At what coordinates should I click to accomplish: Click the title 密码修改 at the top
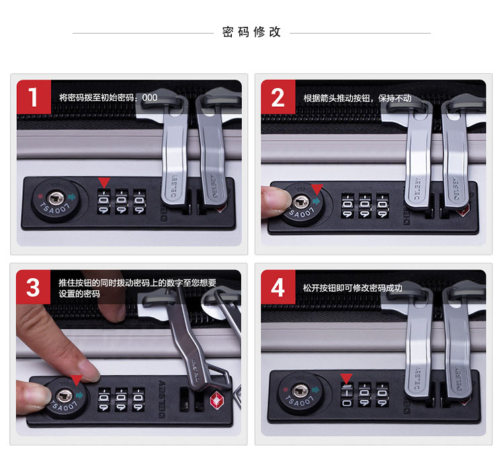(x=251, y=32)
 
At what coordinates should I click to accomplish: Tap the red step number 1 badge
(x=34, y=97)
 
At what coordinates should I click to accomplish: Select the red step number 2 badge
(x=278, y=97)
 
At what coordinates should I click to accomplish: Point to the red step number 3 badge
(x=34, y=287)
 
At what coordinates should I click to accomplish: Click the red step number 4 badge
(x=278, y=287)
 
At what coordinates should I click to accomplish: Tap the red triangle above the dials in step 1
(x=103, y=182)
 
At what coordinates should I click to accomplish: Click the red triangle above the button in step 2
(x=317, y=189)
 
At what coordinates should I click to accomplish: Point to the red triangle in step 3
(x=77, y=380)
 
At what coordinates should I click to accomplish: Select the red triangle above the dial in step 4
(x=346, y=378)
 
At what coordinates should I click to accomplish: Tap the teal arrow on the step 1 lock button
(x=72, y=196)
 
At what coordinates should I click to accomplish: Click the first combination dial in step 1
(x=103, y=202)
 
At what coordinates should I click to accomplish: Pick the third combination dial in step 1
(x=140, y=202)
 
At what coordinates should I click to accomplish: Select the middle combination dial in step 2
(x=365, y=206)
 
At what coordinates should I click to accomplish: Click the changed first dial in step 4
(x=347, y=394)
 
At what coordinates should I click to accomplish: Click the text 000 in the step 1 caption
(x=150, y=97)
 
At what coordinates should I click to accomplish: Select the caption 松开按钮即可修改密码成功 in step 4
(x=352, y=288)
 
